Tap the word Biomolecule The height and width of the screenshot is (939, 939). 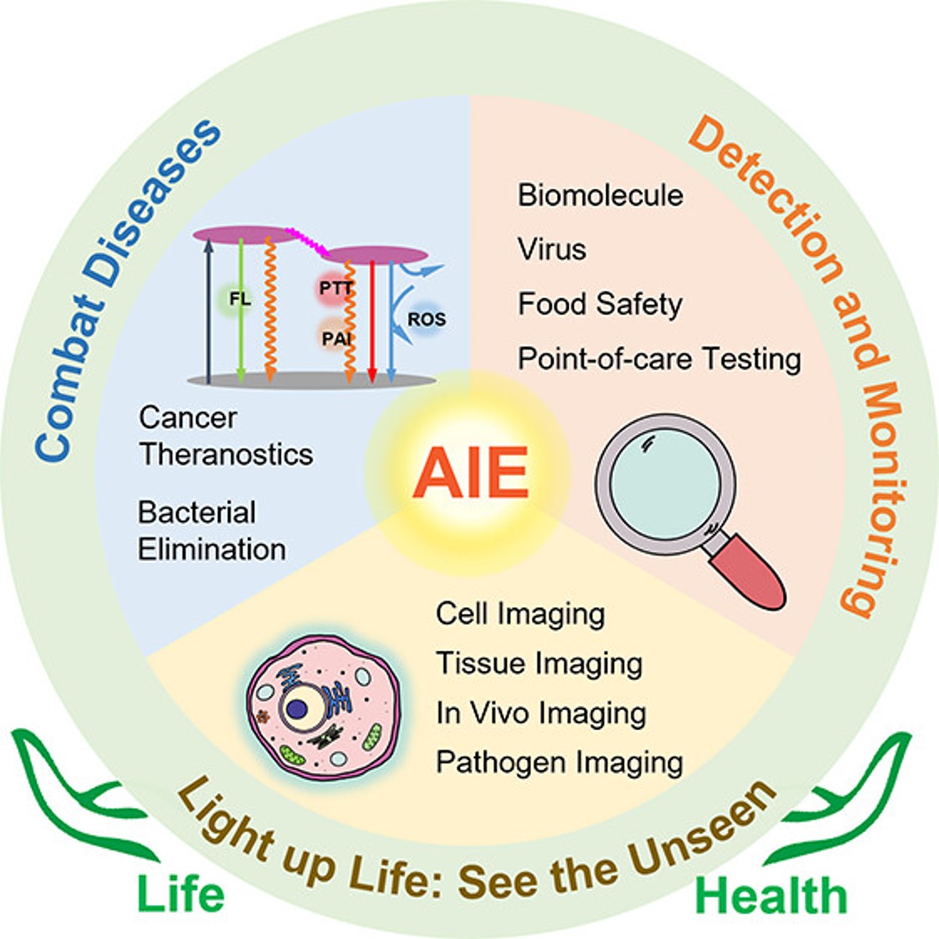(x=600, y=195)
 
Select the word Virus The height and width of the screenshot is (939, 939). (x=551, y=249)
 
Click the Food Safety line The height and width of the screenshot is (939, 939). (x=600, y=304)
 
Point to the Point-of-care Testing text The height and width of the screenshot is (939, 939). (x=659, y=359)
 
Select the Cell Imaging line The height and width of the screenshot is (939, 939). (x=520, y=614)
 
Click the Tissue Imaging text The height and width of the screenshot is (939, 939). (x=539, y=663)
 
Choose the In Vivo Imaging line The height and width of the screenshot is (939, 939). (x=540, y=713)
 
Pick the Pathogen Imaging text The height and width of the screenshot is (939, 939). (x=559, y=762)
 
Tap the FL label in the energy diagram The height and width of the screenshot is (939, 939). (x=240, y=299)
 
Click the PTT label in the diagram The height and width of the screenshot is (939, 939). (x=335, y=288)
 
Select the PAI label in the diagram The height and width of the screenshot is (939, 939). (x=336, y=340)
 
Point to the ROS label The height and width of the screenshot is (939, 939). (x=426, y=320)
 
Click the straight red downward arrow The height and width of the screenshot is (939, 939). (x=372, y=323)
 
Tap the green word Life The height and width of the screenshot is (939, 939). (x=180, y=895)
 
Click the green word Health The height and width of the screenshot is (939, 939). (x=771, y=896)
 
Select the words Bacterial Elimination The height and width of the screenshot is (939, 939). (x=211, y=531)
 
